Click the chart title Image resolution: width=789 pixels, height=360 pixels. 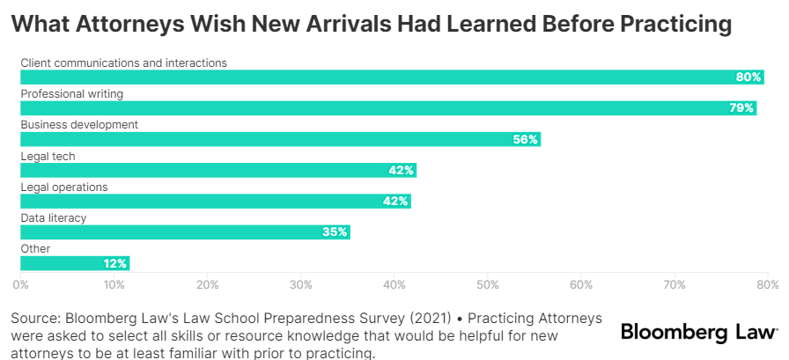371,25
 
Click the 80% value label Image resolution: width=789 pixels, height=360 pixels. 748,77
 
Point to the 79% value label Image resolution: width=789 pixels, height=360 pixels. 741,108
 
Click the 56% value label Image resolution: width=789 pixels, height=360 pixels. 526,139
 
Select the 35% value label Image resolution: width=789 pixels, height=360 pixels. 335,232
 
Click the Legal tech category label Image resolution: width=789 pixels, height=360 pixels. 48,156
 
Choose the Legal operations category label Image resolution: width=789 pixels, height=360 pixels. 64,187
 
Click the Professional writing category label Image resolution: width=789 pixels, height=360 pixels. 72,93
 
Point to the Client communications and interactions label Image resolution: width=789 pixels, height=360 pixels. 124,62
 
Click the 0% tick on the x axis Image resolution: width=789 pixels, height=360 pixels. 20,284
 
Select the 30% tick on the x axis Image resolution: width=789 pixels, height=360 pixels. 301,284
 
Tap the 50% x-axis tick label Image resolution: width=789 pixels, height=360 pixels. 488,284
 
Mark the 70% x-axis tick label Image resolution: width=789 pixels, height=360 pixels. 675,284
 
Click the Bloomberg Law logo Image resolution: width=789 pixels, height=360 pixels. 699,332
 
